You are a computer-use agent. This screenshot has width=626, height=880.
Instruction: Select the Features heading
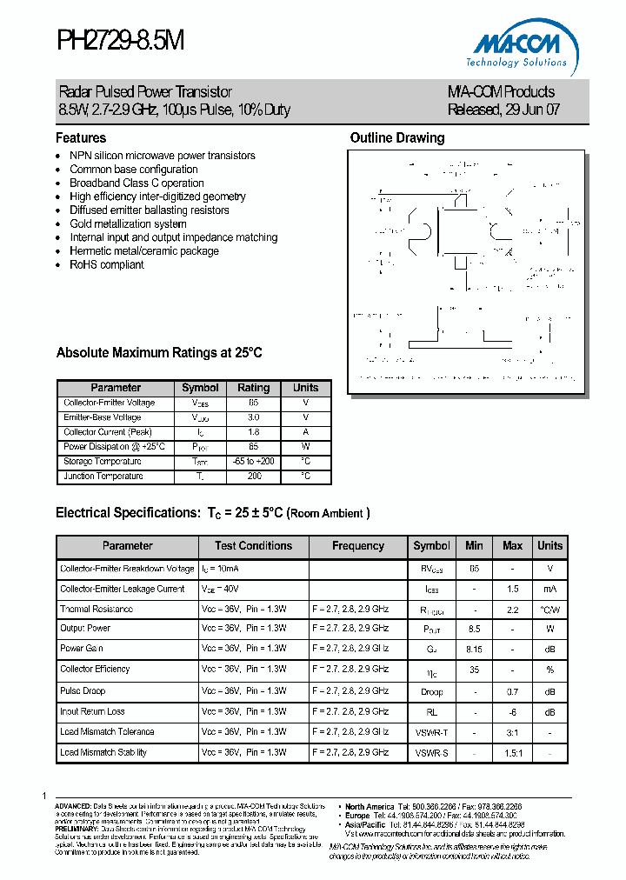(x=81, y=138)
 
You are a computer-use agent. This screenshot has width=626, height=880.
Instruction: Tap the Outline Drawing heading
(x=397, y=138)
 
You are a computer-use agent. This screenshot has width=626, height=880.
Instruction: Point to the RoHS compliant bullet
(x=107, y=264)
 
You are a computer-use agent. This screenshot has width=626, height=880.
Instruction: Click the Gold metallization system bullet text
(x=128, y=223)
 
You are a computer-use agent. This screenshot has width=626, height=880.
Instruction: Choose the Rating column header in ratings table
(x=254, y=388)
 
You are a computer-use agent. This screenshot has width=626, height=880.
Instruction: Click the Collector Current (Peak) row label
(x=108, y=432)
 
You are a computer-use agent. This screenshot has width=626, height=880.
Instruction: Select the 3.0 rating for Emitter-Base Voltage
(x=253, y=417)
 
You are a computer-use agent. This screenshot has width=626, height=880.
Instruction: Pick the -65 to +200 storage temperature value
(x=253, y=462)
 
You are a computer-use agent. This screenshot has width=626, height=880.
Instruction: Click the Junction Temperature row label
(x=103, y=477)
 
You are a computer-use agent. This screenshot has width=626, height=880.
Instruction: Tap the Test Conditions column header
(x=253, y=546)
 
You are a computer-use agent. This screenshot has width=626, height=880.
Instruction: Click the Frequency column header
(x=358, y=546)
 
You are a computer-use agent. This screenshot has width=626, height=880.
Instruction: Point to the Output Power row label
(x=85, y=628)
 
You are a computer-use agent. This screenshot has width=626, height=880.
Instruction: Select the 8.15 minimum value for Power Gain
(x=474, y=649)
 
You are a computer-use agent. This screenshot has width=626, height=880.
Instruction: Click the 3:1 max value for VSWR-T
(x=513, y=732)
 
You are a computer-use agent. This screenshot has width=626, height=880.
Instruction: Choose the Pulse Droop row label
(x=83, y=690)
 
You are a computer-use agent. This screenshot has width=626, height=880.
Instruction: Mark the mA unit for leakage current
(x=549, y=589)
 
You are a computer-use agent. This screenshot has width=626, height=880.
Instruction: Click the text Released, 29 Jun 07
(x=503, y=110)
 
